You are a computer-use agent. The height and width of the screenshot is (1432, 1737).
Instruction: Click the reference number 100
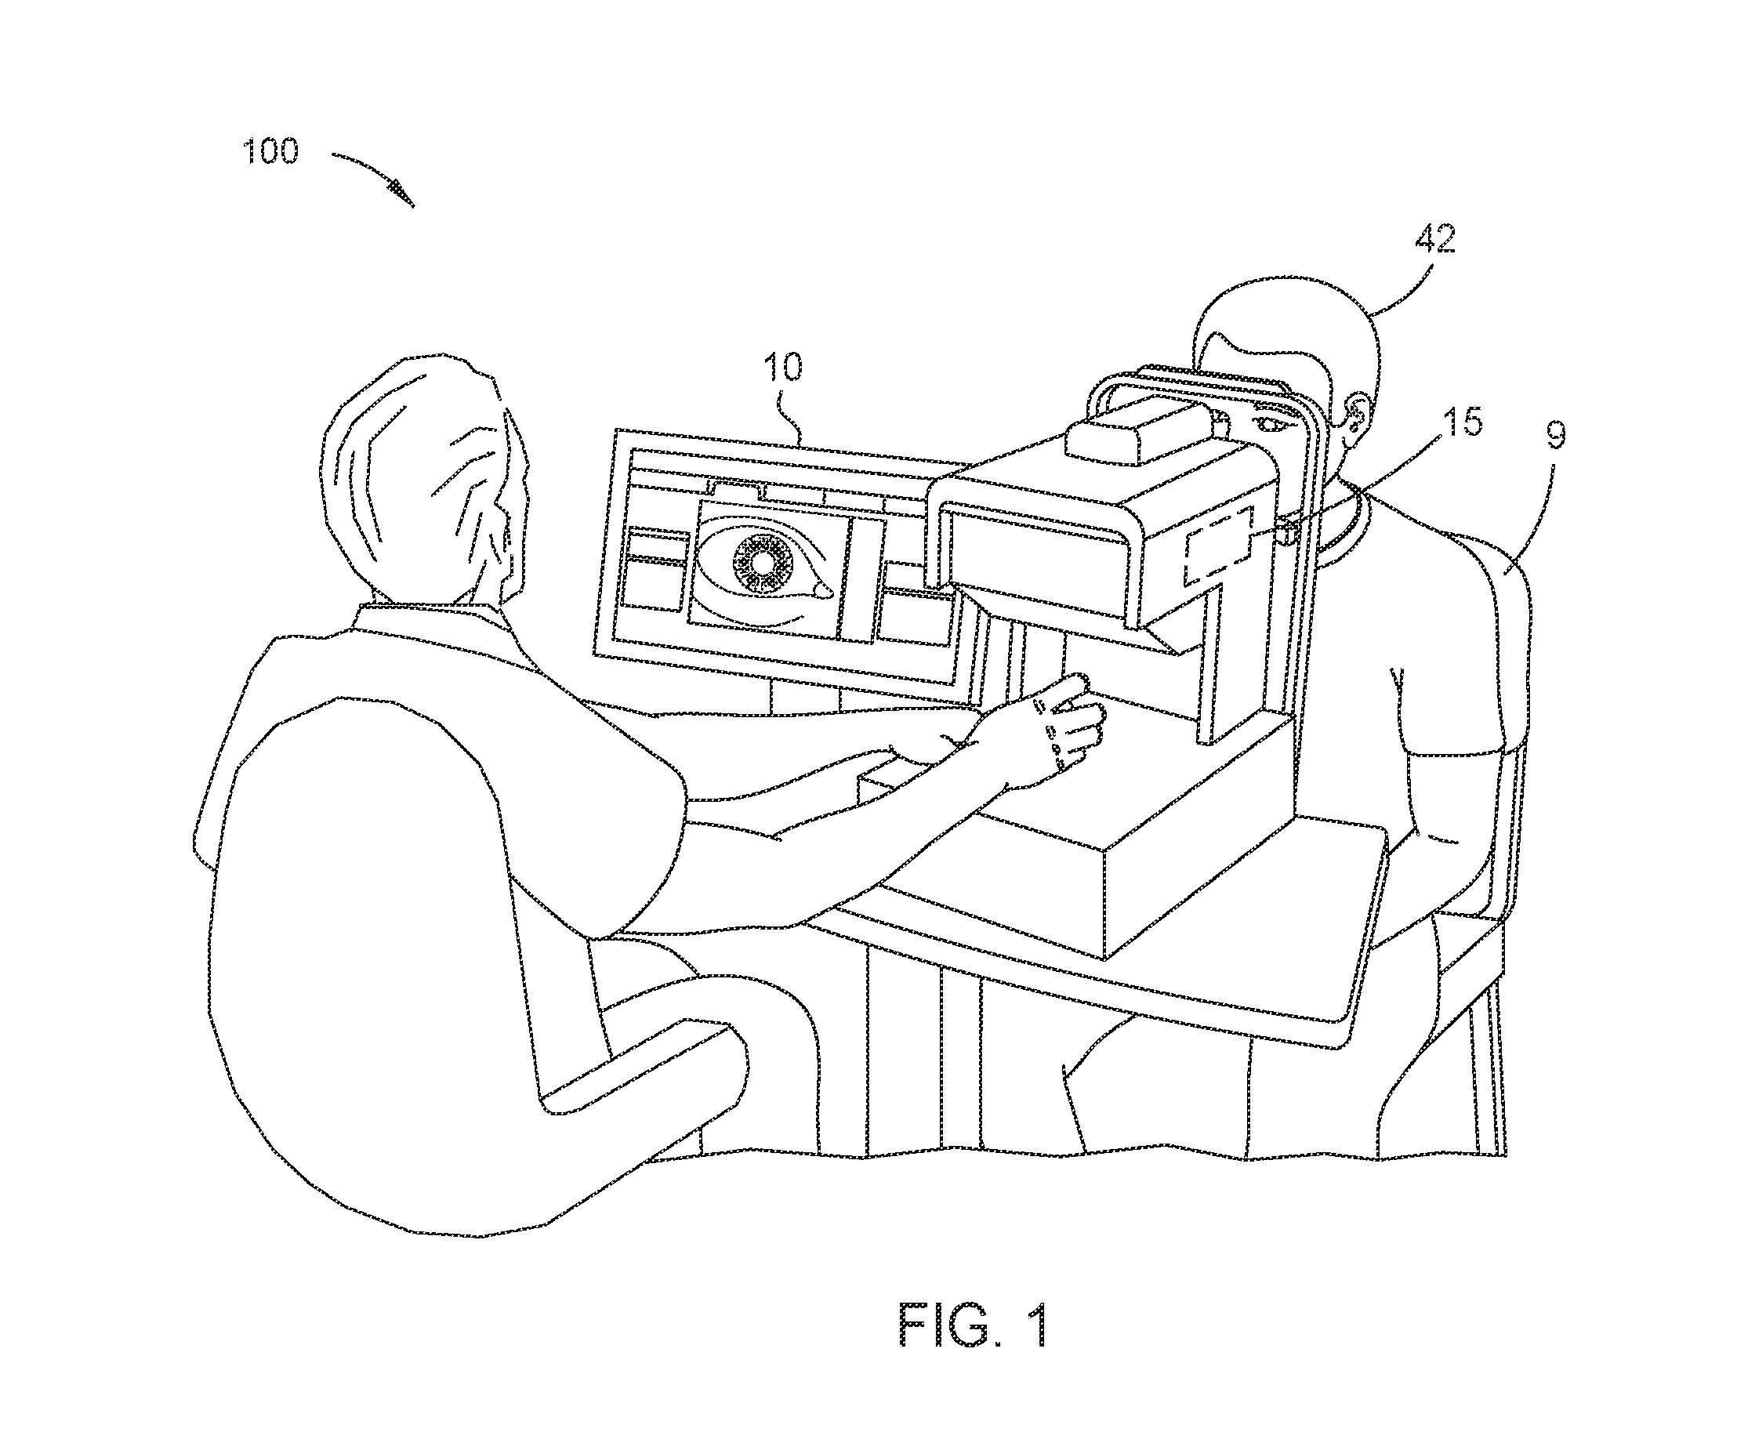point(270,152)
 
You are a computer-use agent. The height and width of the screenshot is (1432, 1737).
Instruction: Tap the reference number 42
point(1436,239)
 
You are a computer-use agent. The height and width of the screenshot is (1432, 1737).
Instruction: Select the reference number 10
point(784,366)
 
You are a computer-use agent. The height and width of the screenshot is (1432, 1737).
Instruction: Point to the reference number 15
point(1463,422)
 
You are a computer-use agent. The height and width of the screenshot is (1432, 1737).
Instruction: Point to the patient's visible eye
point(1269,423)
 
